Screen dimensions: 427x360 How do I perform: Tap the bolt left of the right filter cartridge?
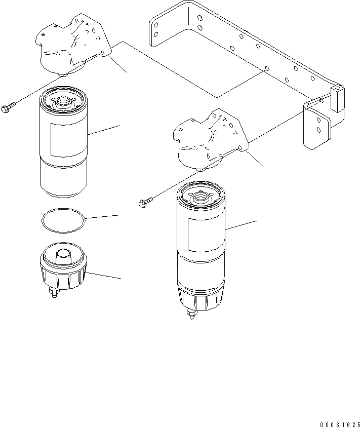pos(143,204)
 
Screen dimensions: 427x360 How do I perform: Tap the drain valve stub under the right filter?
pos(191,315)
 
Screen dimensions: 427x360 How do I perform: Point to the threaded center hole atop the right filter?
pos(201,194)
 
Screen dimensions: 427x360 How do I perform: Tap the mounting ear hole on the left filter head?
pos(103,53)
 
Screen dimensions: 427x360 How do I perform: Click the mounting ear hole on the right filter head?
pos(239,147)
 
